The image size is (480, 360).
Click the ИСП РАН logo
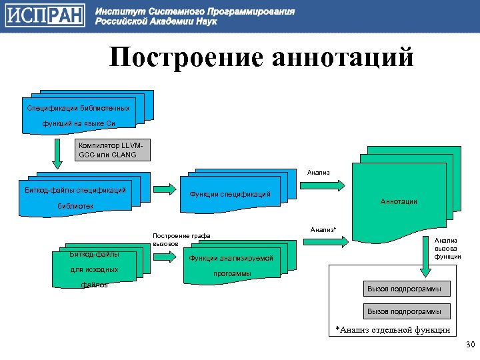(x=44, y=16)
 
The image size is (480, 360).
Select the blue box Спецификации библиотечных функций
(x=79, y=115)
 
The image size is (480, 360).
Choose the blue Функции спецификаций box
(x=229, y=194)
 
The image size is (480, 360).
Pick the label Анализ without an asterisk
(x=318, y=173)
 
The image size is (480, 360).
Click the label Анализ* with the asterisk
(x=323, y=229)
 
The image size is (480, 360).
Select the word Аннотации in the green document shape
(x=399, y=201)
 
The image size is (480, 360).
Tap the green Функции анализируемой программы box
(x=231, y=265)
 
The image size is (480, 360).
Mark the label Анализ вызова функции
(x=447, y=249)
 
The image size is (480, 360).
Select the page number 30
(x=469, y=345)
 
